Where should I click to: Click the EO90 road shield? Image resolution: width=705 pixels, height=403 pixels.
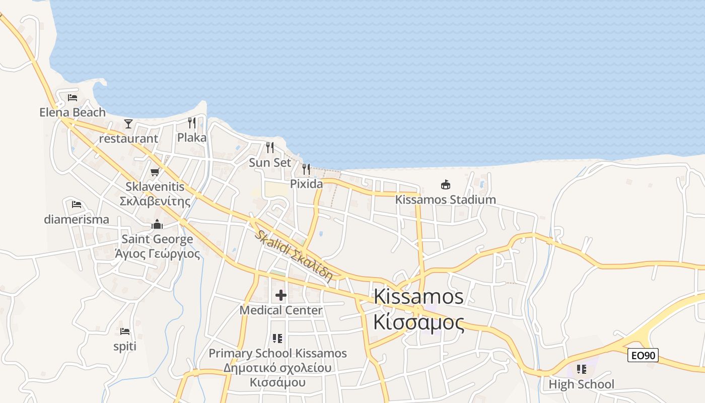[x=643, y=355]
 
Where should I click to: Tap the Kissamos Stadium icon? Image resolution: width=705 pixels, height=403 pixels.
[x=446, y=184]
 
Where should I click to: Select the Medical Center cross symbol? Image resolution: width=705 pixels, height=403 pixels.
[x=281, y=295]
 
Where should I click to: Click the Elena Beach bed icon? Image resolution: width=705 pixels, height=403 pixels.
[x=73, y=98]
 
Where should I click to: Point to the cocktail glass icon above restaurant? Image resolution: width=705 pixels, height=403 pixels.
[x=128, y=124]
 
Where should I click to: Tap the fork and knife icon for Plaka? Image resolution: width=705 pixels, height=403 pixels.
[x=192, y=123]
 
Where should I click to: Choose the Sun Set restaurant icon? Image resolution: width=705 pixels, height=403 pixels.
[x=270, y=148]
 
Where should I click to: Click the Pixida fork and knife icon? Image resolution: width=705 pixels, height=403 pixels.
[x=306, y=169]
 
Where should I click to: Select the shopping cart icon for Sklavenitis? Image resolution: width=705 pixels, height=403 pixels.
[x=155, y=172]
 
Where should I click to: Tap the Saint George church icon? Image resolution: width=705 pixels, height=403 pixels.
[x=157, y=224]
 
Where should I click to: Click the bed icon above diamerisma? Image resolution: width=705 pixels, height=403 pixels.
[x=77, y=205]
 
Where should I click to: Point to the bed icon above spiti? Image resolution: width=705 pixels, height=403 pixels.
[x=125, y=331]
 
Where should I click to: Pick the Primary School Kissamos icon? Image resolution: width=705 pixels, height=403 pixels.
[x=277, y=339]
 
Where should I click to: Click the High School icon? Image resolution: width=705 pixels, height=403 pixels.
[x=582, y=370]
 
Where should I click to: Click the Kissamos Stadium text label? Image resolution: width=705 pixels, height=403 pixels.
[x=445, y=199]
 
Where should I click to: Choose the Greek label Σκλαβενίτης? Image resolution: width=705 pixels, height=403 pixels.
[x=155, y=201]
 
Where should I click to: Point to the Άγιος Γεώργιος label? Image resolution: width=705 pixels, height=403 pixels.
[x=157, y=254]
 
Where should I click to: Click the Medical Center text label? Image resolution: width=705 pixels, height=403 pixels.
[x=281, y=310]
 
